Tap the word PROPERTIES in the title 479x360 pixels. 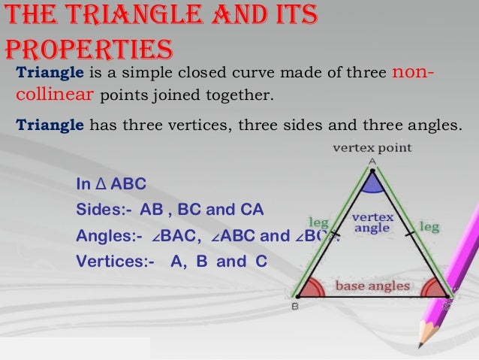[89, 49]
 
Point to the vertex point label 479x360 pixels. [372, 148]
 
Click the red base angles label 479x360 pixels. [372, 286]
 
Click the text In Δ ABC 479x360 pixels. [111, 184]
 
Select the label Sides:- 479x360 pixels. [99, 210]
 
